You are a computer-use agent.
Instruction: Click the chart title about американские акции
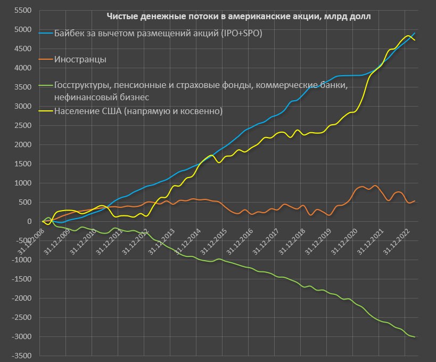click(x=238, y=17)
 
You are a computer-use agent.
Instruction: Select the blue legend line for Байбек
click(x=46, y=33)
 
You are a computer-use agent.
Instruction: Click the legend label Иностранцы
click(x=80, y=59)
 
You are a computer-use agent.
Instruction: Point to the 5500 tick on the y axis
click(x=23, y=11)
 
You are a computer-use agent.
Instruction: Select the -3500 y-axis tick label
click(x=22, y=356)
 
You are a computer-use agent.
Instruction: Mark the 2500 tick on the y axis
click(x=23, y=125)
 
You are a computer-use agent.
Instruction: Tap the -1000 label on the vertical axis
click(x=22, y=260)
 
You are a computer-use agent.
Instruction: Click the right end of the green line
click(x=415, y=336)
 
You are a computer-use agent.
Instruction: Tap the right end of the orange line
click(x=415, y=201)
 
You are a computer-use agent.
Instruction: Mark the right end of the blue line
click(x=415, y=33)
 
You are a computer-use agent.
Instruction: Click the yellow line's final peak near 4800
click(x=408, y=36)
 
